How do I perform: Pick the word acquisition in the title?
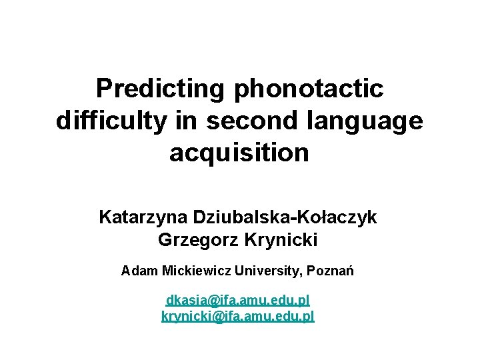point(239,153)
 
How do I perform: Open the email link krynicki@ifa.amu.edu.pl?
point(238,316)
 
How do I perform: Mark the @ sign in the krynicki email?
point(216,317)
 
